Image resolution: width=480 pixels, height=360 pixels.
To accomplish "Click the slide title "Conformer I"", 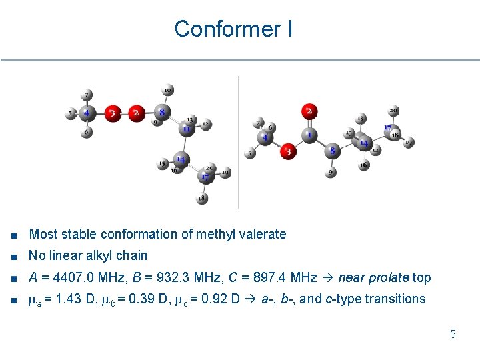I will (233, 29).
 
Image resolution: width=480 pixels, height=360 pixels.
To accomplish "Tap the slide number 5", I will (453, 334).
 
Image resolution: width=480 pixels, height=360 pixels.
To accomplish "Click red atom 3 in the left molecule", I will (113, 113).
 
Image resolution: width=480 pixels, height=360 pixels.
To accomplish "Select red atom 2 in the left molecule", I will (136, 113).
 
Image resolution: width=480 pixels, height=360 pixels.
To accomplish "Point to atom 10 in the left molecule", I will (167, 90).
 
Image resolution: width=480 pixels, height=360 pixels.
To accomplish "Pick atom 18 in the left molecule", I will (202, 198).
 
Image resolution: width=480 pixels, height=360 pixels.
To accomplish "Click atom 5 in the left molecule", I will (71, 114).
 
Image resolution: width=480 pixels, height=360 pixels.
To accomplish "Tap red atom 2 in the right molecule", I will (309, 111).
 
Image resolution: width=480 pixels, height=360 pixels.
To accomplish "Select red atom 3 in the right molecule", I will (288, 151).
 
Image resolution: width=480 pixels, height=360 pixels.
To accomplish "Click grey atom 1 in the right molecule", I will (309, 135).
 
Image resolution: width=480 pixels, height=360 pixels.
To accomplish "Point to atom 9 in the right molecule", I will (331, 173).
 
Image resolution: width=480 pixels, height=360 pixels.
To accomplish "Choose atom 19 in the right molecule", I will (408, 142).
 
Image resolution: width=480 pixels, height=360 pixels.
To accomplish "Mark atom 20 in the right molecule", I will (394, 111).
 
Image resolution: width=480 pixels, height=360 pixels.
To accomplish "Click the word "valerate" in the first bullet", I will (265, 234).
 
